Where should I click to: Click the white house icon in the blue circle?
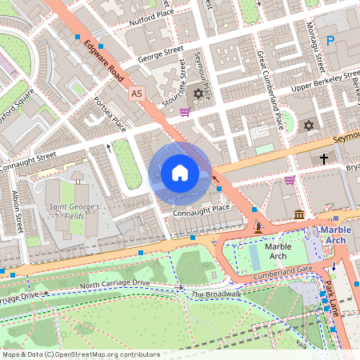[179, 173]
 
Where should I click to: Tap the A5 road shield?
[136, 94]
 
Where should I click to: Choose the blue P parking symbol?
[330, 41]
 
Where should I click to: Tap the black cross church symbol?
[324, 160]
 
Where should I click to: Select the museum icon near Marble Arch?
[299, 214]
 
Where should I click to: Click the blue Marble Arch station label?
[335, 236]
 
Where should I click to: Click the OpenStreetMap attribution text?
[81, 354]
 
